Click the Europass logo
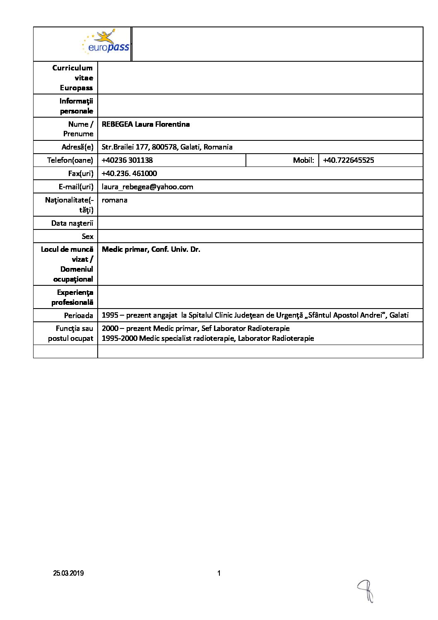click(106, 43)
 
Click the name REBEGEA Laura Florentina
click(146, 124)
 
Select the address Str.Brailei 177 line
click(167, 147)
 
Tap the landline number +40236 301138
click(127, 160)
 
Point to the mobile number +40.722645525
click(348, 160)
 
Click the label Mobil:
click(303, 160)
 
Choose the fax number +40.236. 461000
click(129, 174)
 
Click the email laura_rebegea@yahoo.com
click(147, 187)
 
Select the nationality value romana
click(114, 200)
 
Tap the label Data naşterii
click(72, 223)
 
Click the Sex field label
click(87, 236)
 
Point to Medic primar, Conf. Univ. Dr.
click(151, 249)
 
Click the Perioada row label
click(79, 316)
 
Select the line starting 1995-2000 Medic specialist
click(208, 338)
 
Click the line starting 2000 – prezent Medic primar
click(195, 328)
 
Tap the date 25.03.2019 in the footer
click(68, 573)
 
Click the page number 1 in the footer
click(219, 573)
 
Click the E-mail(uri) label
click(76, 187)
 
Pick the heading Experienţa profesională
click(73, 297)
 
